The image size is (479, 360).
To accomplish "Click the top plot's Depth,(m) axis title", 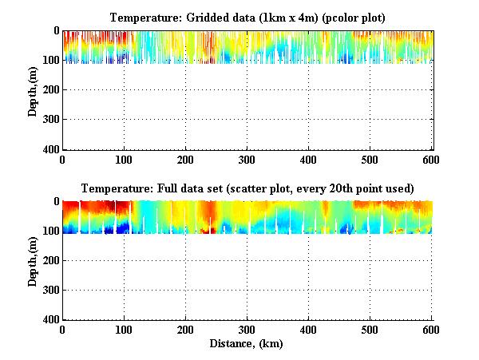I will click(34, 89).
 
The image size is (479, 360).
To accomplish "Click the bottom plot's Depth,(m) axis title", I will click(34, 260).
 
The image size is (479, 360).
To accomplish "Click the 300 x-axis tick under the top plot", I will click(247, 160).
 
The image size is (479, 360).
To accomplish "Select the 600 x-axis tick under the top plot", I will click(431, 160).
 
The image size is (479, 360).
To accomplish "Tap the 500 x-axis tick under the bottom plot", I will click(370, 330).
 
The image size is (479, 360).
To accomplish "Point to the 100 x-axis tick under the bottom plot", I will click(124, 330).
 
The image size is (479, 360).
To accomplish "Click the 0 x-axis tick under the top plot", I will click(62, 160).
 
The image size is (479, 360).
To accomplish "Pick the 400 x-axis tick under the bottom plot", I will click(308, 330).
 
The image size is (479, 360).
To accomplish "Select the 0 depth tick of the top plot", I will click(55, 31).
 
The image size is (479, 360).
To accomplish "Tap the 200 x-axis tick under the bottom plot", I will click(185, 330).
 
